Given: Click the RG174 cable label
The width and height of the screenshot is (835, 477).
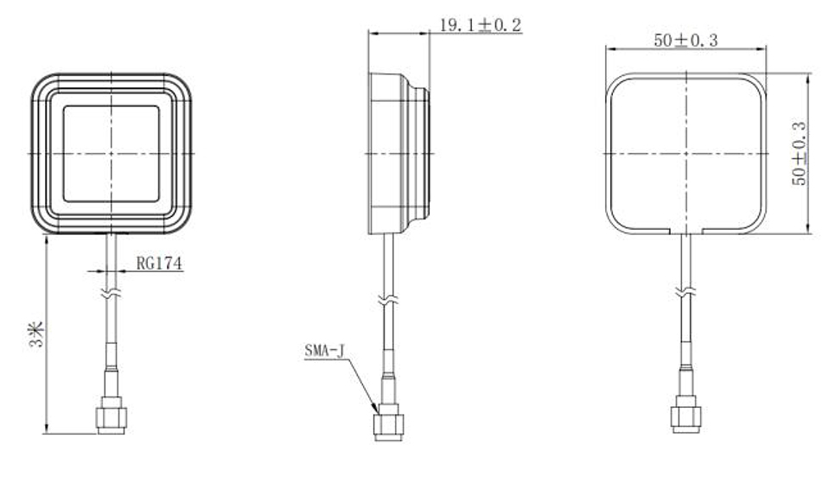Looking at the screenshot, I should [x=158, y=264].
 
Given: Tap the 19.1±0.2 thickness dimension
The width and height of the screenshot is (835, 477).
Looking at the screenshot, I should [x=480, y=25].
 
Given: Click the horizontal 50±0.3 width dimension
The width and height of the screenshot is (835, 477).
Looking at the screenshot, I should [x=687, y=40].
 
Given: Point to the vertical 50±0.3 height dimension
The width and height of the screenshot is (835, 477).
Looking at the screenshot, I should [x=799, y=153].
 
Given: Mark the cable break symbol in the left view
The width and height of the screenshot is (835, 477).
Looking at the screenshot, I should [x=111, y=295].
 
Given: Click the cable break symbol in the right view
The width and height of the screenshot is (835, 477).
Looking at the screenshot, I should [x=685, y=295].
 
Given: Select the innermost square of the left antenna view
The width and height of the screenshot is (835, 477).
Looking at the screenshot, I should [x=111, y=154].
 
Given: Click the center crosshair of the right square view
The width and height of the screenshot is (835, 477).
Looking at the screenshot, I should [x=685, y=154].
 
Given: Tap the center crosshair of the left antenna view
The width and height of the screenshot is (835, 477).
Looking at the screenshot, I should [x=111, y=154].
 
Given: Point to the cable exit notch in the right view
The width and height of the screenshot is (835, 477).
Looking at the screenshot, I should [x=685, y=232].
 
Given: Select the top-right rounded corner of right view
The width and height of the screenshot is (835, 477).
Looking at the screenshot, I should [x=755, y=85].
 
